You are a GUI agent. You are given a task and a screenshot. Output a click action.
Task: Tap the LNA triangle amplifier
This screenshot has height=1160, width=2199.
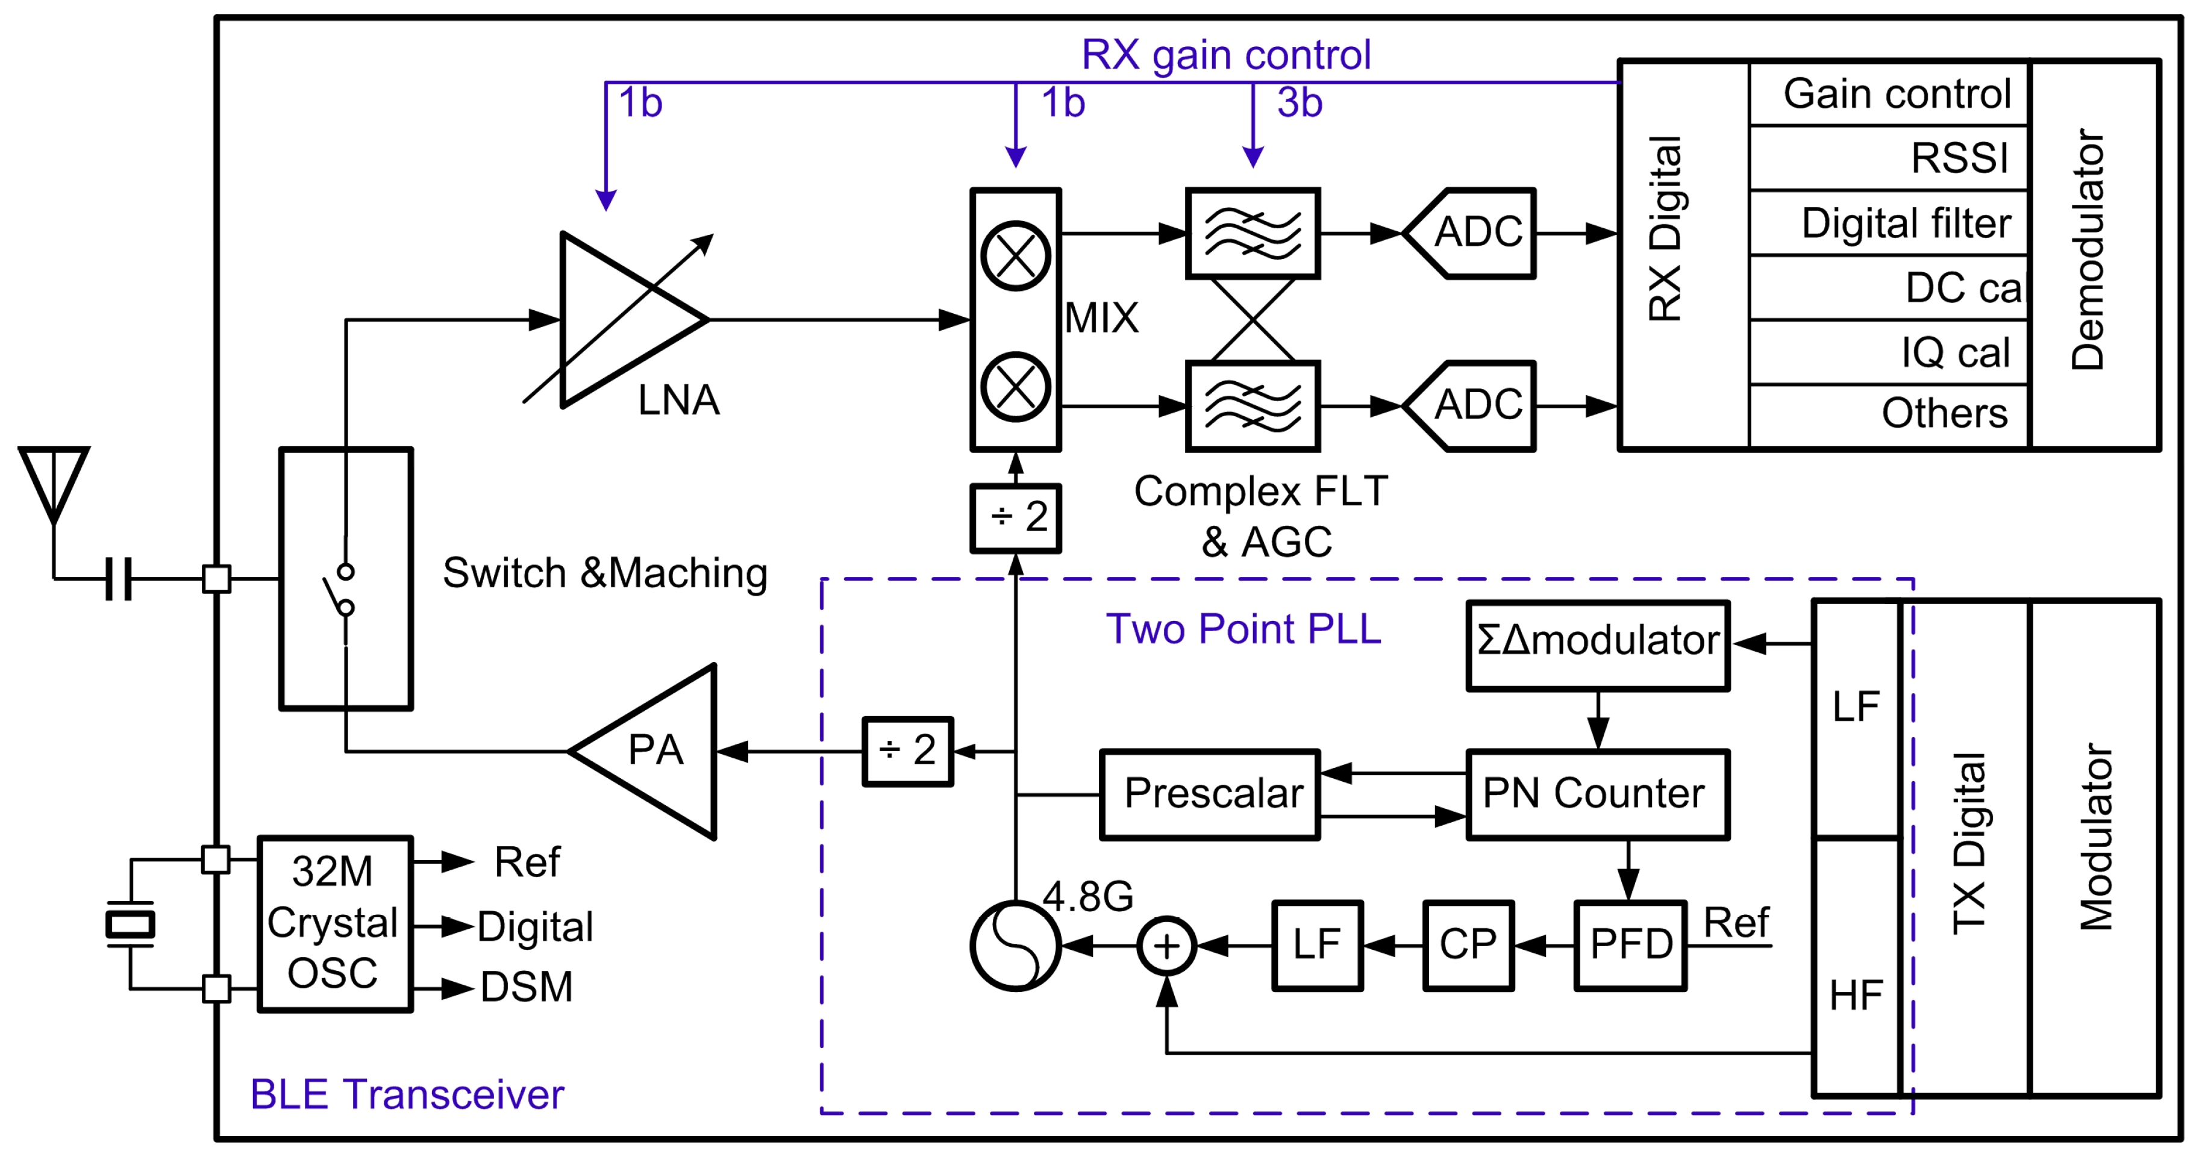point(623,320)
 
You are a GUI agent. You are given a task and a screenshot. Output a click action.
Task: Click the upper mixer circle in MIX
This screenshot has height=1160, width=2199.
point(1015,255)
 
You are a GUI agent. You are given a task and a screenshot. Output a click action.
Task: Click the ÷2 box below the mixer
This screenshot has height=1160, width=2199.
point(1016,517)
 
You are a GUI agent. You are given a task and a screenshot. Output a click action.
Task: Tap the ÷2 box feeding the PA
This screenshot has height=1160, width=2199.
point(907,751)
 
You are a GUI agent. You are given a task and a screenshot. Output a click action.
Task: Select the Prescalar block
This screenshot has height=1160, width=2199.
point(1210,794)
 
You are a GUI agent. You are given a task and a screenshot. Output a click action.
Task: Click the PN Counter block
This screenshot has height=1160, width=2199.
point(1597,794)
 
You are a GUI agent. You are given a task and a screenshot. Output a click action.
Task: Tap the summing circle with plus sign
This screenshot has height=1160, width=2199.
point(1166,946)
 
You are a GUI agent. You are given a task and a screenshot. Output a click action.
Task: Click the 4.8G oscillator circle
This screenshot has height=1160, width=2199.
point(1016,946)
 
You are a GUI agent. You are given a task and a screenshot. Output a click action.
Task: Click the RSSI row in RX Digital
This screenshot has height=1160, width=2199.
point(1888,158)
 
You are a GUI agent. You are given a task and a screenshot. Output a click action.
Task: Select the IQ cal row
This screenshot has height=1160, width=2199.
point(1888,352)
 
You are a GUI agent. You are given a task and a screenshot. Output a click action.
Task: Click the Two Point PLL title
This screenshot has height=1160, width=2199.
point(1243,629)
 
